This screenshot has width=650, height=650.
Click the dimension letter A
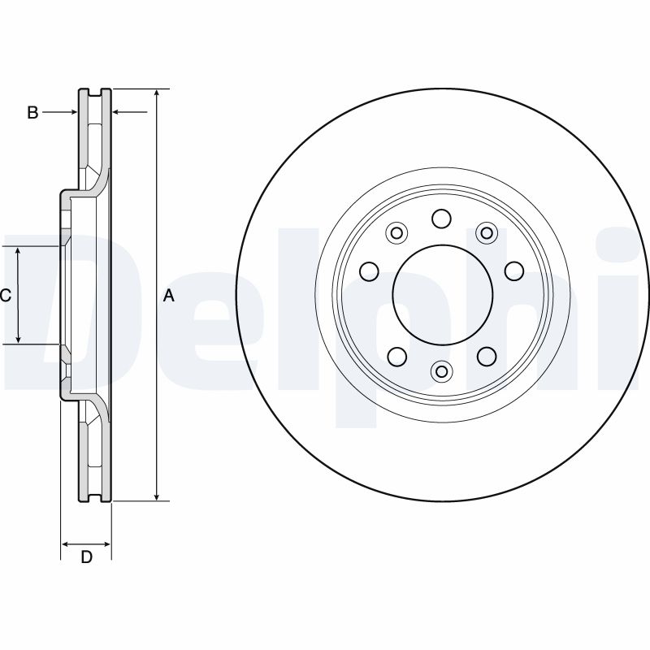coord(169,296)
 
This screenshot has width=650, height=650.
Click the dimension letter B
coord(32,113)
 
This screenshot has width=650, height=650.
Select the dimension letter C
coord(5,296)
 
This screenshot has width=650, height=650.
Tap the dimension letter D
coord(86,557)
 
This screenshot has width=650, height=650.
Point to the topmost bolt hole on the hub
coord(442,219)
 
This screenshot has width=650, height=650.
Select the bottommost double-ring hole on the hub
coord(442,371)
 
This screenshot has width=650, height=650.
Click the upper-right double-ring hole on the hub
coord(486,234)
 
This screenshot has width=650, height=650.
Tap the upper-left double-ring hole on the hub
coord(396,234)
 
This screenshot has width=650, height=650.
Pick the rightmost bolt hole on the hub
coord(513,270)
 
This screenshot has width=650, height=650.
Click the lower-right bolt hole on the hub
coord(486,356)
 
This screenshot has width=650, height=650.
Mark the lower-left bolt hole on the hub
coord(397,356)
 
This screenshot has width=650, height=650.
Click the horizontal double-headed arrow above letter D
coord(86,542)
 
